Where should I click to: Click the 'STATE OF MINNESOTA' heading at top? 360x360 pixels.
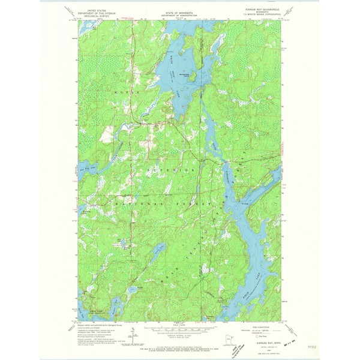179,11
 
